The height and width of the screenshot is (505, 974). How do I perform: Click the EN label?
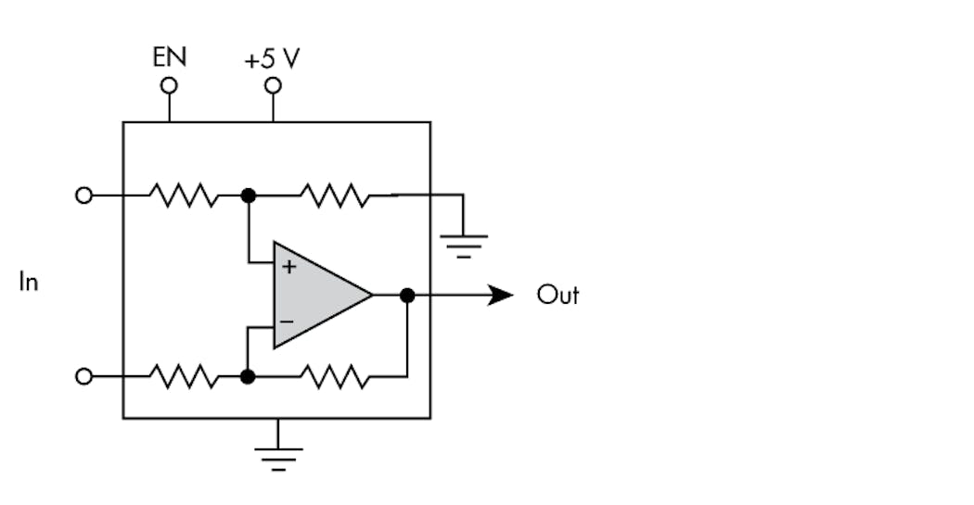tap(169, 57)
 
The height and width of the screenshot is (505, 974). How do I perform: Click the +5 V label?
tap(272, 59)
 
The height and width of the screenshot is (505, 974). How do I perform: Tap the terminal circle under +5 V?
tap(273, 86)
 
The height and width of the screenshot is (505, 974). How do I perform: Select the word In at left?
tap(29, 282)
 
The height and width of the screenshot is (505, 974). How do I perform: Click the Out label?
tap(557, 296)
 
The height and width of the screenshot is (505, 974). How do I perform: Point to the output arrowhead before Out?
tap(501, 296)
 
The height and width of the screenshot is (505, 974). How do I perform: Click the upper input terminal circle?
tap(83, 196)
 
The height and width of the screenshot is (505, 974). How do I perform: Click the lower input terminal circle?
tap(83, 377)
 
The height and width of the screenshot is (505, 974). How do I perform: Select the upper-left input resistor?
tap(184, 196)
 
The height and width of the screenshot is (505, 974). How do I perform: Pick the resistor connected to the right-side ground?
tap(334, 196)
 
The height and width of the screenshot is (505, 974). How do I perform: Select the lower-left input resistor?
tap(184, 377)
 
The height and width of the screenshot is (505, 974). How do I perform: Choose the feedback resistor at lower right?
tap(334, 377)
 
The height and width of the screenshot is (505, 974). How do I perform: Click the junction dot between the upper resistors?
tap(248, 196)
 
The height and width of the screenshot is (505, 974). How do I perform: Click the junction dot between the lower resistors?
tap(248, 377)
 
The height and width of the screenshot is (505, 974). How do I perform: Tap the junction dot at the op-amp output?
tap(406, 296)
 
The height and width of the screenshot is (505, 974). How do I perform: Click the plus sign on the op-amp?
tap(288, 267)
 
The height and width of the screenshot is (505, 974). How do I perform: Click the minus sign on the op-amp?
tap(288, 322)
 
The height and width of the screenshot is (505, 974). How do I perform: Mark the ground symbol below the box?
tap(278, 458)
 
